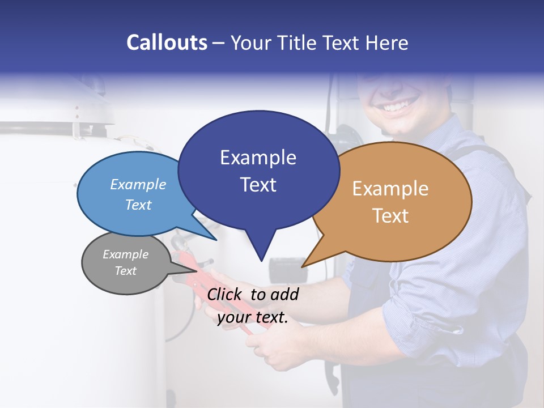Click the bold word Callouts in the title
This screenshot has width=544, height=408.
pyautogui.click(x=167, y=42)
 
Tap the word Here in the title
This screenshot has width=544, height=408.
pyautogui.click(x=387, y=42)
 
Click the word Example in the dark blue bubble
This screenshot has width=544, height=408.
pyautogui.click(x=258, y=158)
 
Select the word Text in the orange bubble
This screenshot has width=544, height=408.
pyautogui.click(x=390, y=216)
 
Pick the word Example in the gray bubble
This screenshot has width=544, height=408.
pyautogui.click(x=125, y=254)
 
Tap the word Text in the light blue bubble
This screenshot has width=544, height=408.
pyautogui.click(x=138, y=205)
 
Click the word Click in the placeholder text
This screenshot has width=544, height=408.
pyautogui.click(x=226, y=294)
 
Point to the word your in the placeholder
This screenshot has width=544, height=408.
pyautogui.click(x=233, y=317)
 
